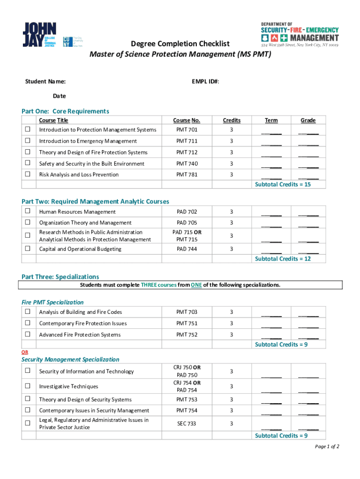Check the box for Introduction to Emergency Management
pyautogui.click(x=28, y=141)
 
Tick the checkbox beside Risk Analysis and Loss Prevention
pyautogui.click(x=28, y=174)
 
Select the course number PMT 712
pyautogui.click(x=187, y=152)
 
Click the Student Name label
pyautogui.click(x=45, y=82)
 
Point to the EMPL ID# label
pyautogui.click(x=205, y=82)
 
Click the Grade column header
pyautogui.click(x=308, y=120)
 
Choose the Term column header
pyautogui.click(x=271, y=120)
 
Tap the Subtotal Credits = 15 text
pyautogui.click(x=283, y=184)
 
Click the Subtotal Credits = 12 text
pyautogui.click(x=283, y=259)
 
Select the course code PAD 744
pyautogui.click(x=187, y=249)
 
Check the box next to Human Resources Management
pyautogui.click(x=28, y=211)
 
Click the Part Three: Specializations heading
pyautogui.click(x=60, y=277)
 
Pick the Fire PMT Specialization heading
pyautogui.click(x=53, y=302)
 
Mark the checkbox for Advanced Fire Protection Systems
pyautogui.click(x=28, y=334)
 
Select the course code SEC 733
pyautogui.click(x=187, y=423)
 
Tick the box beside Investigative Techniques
pyautogui.click(x=28, y=386)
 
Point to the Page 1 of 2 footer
pyautogui.click(x=327, y=447)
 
